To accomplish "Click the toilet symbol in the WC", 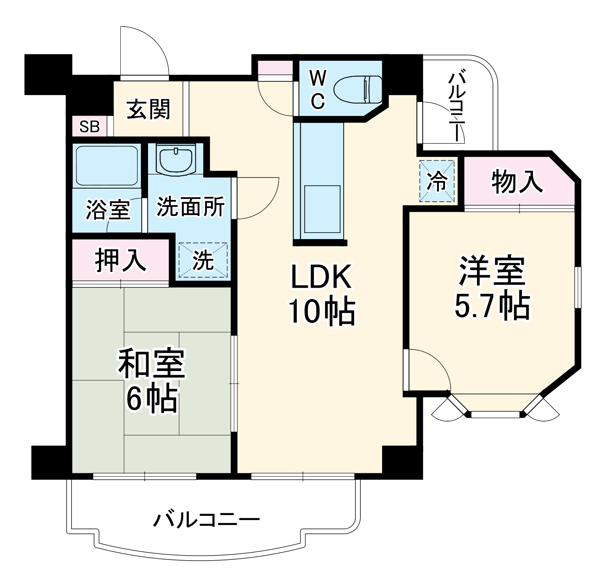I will [358, 90].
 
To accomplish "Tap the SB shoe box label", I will [89, 126].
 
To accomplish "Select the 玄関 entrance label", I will [148, 109].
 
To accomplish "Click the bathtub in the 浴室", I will [107, 165].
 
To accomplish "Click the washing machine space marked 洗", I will [203, 260].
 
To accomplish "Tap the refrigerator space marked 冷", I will [437, 181].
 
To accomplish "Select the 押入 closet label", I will [120, 260].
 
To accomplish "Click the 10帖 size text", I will [322, 311].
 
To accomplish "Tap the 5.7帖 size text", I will [492, 306].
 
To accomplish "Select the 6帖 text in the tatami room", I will [152, 399].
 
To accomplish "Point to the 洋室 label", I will [492, 271].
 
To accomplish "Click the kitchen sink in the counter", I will [322, 209].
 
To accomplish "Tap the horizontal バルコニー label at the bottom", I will [206, 519].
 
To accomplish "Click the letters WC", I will [317, 90].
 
